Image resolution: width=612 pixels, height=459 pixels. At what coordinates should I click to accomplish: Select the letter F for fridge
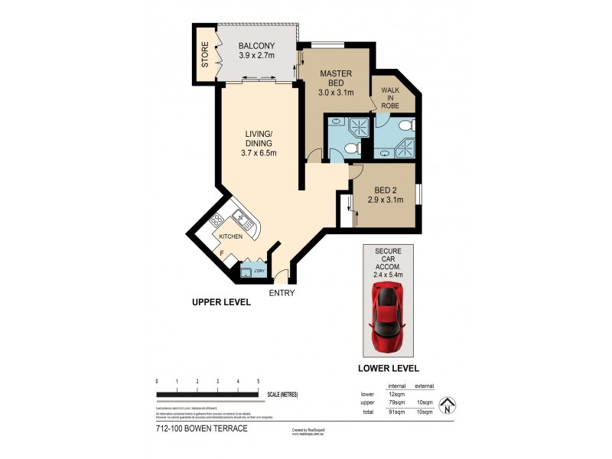(x=222, y=252)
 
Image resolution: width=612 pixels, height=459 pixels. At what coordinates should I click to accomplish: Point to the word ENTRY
(x=282, y=292)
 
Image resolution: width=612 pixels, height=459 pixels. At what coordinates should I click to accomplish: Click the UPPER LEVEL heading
(x=221, y=303)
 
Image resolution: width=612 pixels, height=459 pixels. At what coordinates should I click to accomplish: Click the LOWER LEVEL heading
(x=389, y=368)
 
